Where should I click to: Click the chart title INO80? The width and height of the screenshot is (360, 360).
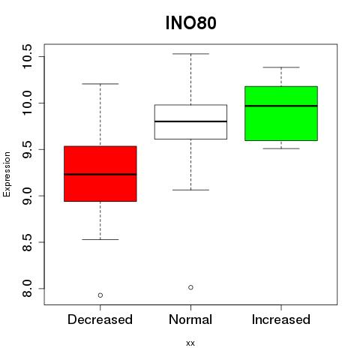190,23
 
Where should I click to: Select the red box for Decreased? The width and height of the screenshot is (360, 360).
100,174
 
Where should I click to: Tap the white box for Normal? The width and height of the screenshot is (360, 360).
190,121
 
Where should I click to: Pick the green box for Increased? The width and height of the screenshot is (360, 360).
281,113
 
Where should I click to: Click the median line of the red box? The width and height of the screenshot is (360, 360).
100,174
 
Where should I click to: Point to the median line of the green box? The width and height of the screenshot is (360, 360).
281,106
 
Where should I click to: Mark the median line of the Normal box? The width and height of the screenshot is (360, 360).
190,121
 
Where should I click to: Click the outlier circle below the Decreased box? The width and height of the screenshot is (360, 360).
100,295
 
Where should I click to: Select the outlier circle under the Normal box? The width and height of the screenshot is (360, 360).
190,287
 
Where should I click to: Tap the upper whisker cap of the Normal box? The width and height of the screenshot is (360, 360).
190,54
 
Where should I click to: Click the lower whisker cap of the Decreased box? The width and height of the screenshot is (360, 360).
100,239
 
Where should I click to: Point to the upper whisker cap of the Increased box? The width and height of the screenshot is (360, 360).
281,67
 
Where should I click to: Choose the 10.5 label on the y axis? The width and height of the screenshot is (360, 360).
27,56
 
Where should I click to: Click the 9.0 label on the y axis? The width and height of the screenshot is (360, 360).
27,196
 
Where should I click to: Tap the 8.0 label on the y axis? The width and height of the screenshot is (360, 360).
27,289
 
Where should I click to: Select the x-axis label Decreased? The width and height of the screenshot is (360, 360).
100,319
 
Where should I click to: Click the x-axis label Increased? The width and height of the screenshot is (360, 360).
281,319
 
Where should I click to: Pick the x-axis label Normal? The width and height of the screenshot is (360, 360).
190,319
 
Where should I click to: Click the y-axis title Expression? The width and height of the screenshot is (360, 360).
7,174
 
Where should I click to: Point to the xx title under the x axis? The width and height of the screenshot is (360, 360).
190,343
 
